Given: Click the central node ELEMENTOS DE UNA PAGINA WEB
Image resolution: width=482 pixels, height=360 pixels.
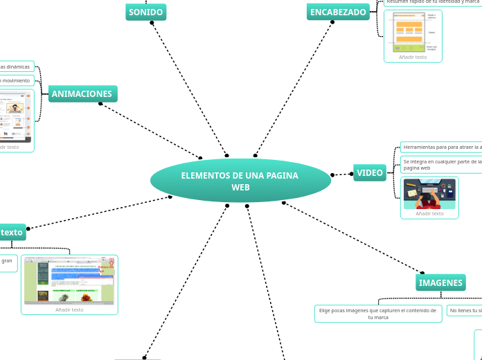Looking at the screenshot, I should coord(240,181).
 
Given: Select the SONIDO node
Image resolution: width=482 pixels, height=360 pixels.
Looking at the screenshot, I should coord(145,12).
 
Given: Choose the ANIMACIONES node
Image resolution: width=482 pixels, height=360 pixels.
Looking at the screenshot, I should coord(82,93).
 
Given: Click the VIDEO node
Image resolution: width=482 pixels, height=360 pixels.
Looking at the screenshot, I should coord(370,173).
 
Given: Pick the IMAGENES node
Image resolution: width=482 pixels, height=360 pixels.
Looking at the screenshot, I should coord(440,282).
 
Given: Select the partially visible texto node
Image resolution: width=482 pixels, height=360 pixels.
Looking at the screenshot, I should coord(12,232).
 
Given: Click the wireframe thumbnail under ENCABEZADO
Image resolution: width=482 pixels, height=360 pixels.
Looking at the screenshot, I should coord(413,32).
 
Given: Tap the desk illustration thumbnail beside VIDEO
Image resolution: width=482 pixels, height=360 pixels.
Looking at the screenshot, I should coord(429,194).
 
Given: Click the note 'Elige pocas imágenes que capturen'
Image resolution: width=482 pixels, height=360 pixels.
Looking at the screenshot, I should coord(378,314).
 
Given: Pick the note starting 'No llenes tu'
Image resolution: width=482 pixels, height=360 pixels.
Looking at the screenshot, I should coord(465,311).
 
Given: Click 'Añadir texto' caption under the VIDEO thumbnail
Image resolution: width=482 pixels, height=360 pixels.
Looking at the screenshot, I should coord(429,213).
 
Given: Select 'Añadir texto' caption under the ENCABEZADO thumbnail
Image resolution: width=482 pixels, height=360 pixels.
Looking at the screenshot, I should coord(413,57).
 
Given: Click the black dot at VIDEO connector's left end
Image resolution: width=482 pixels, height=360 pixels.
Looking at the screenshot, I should coord(332,174).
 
